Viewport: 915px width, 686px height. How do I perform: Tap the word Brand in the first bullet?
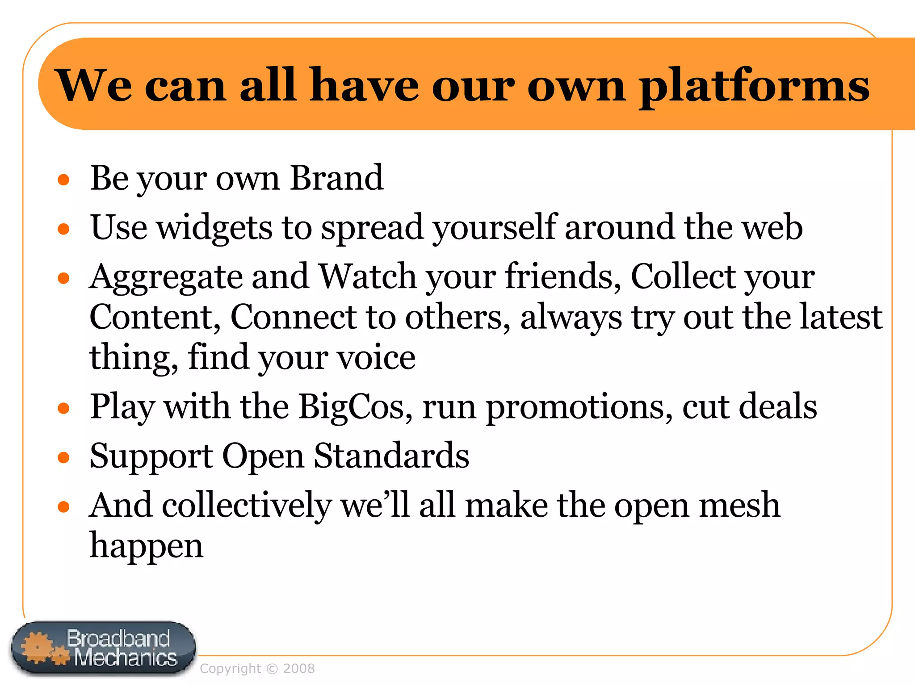336,178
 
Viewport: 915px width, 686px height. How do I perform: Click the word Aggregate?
166,277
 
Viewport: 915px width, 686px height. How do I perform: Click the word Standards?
391,456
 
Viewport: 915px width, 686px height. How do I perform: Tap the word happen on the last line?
147,546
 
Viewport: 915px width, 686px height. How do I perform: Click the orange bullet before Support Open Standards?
64,457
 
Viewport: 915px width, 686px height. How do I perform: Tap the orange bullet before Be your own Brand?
64,180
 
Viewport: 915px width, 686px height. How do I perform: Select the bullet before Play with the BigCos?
64,408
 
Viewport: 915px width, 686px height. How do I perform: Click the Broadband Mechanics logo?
104,648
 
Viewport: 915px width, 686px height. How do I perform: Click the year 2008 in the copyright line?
299,669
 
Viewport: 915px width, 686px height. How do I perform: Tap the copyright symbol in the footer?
272,669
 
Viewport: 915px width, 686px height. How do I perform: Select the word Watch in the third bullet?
368,277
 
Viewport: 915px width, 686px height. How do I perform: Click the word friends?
563,277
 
